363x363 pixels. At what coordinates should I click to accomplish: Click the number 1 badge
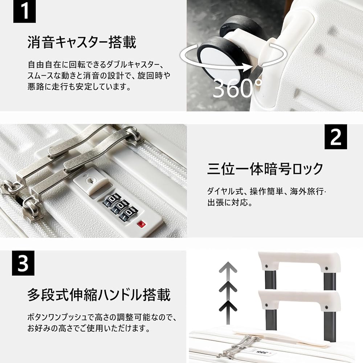[x=25, y=12]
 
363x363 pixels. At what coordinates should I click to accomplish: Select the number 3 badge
[x=24, y=264]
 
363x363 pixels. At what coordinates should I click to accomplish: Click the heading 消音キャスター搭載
[x=82, y=42]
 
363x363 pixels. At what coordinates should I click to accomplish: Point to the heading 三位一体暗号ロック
[x=265, y=169]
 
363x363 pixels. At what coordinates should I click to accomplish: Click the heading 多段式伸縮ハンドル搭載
[x=99, y=295]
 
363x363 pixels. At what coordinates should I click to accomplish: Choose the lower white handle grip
[x=299, y=300]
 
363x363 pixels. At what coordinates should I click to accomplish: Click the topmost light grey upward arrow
[x=228, y=268]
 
